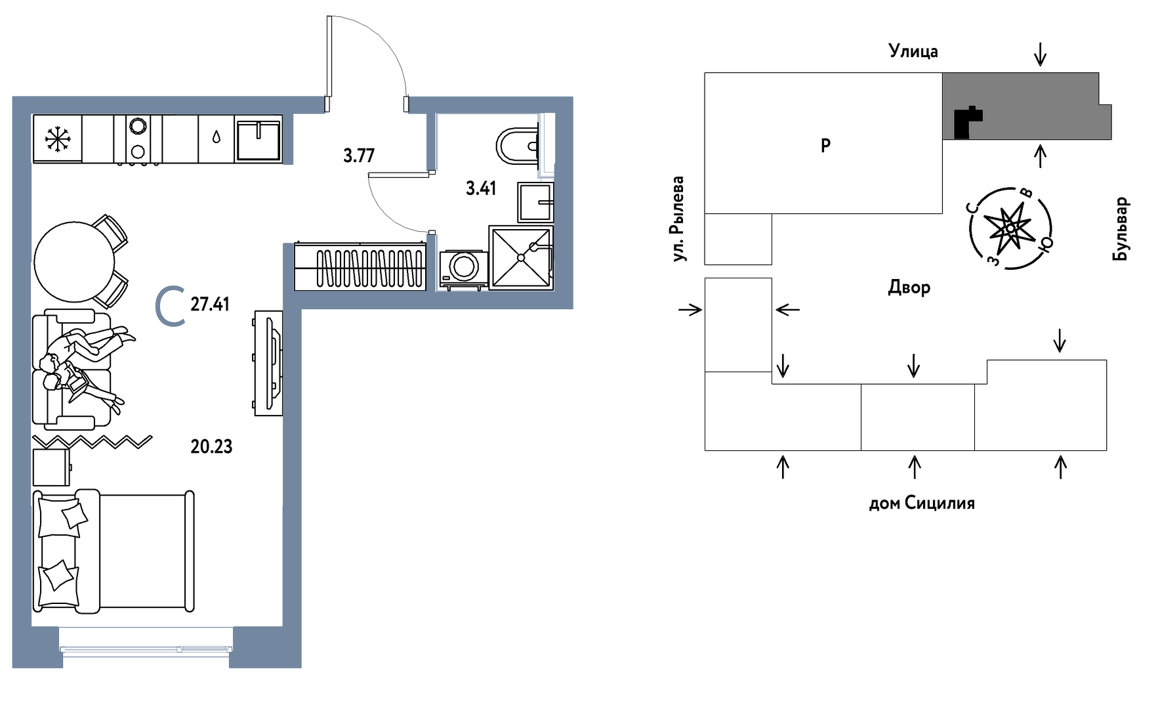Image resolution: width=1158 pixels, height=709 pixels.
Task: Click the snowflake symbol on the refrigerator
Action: (x=58, y=139)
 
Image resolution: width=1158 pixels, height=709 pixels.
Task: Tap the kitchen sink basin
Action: (x=258, y=139)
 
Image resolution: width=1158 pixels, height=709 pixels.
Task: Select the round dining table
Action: (x=75, y=261)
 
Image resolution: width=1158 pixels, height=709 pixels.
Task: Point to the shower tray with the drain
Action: (x=521, y=257)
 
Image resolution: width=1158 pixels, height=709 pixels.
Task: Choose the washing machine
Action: (x=464, y=269)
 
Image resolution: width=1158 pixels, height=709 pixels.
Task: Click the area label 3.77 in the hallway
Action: (x=359, y=156)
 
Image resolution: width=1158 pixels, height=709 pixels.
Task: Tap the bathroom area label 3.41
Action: (x=481, y=188)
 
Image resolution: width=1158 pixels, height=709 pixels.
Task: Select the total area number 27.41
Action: (x=210, y=304)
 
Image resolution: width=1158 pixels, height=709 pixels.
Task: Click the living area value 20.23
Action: (x=211, y=446)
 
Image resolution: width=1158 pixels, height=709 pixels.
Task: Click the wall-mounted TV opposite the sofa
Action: (x=269, y=363)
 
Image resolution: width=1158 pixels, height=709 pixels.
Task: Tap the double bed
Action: (x=114, y=551)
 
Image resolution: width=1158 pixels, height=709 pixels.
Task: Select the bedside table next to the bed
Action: (x=51, y=467)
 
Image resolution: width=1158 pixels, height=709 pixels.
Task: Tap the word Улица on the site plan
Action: (x=913, y=51)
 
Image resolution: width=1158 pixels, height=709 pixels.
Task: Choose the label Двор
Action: (x=909, y=288)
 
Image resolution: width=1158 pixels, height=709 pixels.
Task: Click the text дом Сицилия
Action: (x=922, y=504)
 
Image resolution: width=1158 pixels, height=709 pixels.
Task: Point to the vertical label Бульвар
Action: (x=1121, y=228)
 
